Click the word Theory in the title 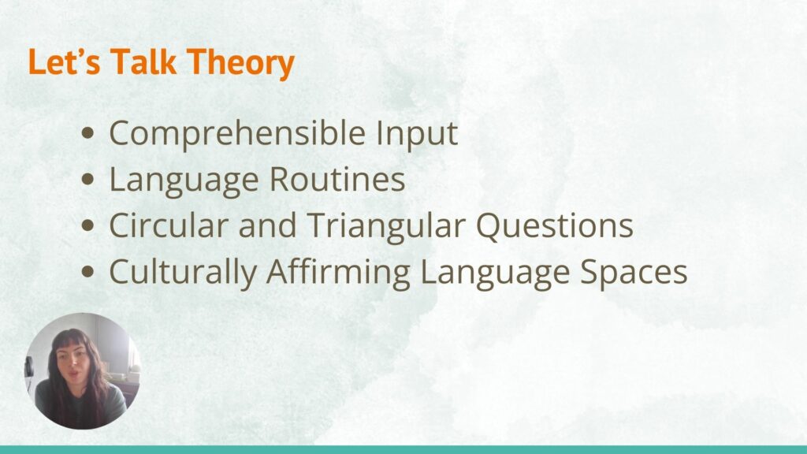(x=240, y=63)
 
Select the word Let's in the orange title (x=64, y=61)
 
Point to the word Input (x=416, y=134)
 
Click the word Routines (x=337, y=179)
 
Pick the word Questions (x=554, y=226)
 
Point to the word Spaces (x=634, y=274)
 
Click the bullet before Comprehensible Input (x=88, y=132)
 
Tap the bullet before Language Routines (x=88, y=179)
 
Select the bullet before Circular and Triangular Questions (x=88, y=225)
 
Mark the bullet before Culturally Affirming (x=88, y=271)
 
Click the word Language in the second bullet (x=184, y=181)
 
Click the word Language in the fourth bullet (x=495, y=274)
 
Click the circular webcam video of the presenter (x=83, y=370)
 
